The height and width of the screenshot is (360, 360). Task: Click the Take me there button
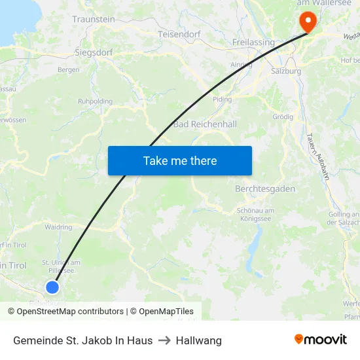pyautogui.click(x=180, y=160)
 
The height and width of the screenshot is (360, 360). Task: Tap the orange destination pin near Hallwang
pyautogui.click(x=307, y=22)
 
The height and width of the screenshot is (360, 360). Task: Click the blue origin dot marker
pyautogui.click(x=52, y=287)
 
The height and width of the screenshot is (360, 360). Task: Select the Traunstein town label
pyautogui.click(x=94, y=20)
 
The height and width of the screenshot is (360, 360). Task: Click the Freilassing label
pyautogui.click(x=253, y=43)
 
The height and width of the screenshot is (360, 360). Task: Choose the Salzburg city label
pyautogui.click(x=286, y=71)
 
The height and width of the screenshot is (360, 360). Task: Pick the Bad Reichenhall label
pyautogui.click(x=204, y=124)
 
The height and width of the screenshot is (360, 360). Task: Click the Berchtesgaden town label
pyautogui.click(x=264, y=189)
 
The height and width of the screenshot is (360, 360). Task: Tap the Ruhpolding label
pyautogui.click(x=96, y=101)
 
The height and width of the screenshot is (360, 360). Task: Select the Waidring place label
pyautogui.click(x=58, y=227)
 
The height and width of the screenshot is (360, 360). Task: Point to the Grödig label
pyautogui.click(x=282, y=117)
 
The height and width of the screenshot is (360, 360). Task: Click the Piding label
pyautogui.click(x=223, y=99)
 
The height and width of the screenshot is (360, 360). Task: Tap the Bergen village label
pyautogui.click(x=69, y=69)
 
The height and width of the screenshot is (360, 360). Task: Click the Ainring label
pyautogui.click(x=242, y=65)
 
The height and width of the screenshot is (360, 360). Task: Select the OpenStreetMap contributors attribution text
pyautogui.click(x=65, y=312)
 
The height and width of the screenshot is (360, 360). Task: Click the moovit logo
pyautogui.click(x=321, y=340)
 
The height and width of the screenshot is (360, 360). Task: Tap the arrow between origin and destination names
pyautogui.click(x=164, y=340)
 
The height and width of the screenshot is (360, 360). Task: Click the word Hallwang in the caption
pyautogui.click(x=199, y=340)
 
